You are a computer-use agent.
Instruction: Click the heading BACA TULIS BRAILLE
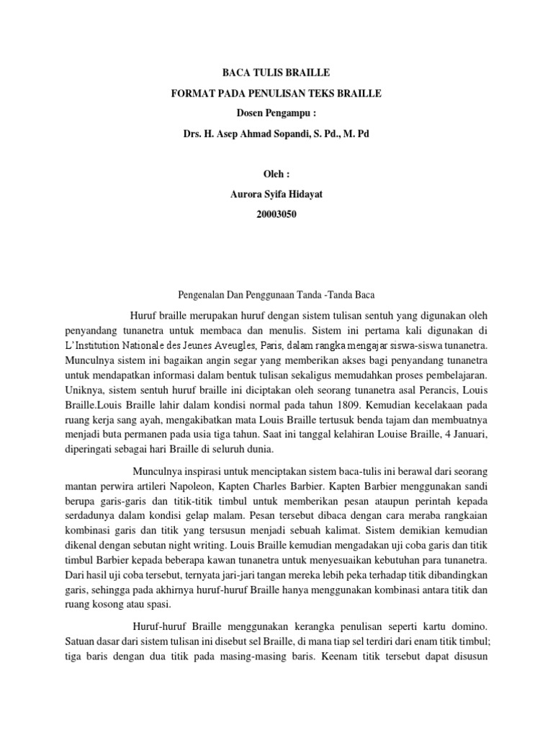click(x=276, y=73)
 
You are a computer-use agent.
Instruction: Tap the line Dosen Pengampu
click(x=276, y=114)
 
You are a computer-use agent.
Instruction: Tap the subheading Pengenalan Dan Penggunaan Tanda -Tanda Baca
click(x=276, y=295)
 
